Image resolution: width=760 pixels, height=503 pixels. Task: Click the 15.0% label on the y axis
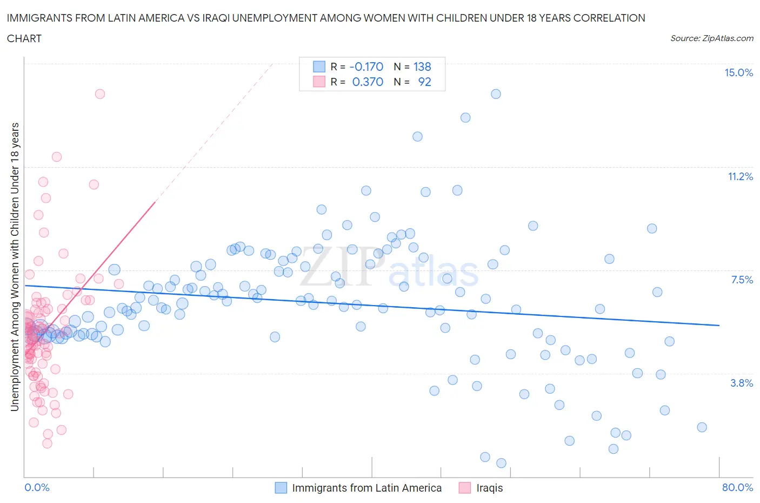click(738, 73)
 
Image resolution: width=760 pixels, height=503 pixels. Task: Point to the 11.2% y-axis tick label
click(740, 177)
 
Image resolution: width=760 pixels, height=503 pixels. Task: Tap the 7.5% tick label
click(742, 280)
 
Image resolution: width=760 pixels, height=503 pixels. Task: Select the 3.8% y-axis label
click(742, 383)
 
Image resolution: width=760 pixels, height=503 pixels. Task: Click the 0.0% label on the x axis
click(37, 487)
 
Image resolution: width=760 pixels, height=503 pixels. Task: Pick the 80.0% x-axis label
click(737, 487)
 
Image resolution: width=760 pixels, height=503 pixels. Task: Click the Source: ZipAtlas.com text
click(711, 38)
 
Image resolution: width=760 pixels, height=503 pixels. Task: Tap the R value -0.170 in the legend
click(366, 67)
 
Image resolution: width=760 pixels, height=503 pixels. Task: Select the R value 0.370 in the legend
click(368, 82)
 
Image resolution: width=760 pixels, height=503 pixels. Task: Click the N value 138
click(422, 67)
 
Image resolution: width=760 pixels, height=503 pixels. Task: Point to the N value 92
click(424, 82)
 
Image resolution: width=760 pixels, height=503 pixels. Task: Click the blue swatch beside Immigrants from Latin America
click(281, 488)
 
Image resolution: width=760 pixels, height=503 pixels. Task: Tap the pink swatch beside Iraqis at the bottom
click(465, 488)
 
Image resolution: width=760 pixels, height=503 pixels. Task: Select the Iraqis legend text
click(489, 488)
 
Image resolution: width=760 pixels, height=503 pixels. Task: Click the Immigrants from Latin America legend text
click(366, 488)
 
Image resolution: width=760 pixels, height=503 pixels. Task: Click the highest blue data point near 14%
click(496, 94)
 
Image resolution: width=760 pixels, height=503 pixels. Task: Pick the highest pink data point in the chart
click(100, 94)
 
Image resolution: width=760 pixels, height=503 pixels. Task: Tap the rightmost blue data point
click(702, 427)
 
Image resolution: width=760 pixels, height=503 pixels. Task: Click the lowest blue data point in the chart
click(501, 463)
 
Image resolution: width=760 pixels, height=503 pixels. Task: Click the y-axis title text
click(15, 267)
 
